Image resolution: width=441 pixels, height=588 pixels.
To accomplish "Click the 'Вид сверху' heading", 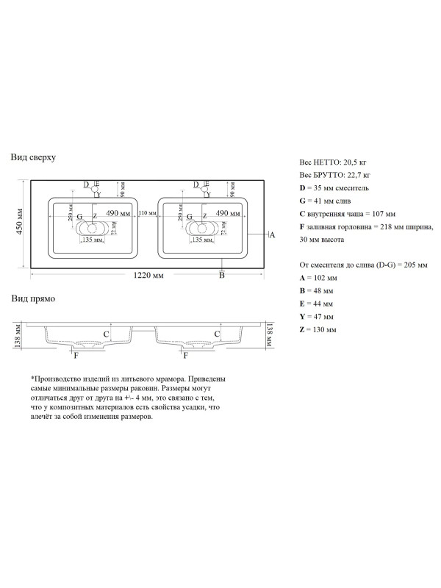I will [33, 157].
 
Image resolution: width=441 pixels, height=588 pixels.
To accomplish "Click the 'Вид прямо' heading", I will [31, 298].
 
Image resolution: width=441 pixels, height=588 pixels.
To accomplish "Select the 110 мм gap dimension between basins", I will [144, 212].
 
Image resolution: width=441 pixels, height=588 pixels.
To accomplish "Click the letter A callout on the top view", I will [271, 235].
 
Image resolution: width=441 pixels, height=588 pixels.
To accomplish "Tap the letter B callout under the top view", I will [221, 275].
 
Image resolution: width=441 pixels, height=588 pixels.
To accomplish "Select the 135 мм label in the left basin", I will [91, 240].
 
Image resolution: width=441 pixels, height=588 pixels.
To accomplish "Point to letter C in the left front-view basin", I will [106, 334].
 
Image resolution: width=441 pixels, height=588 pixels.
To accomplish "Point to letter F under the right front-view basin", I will [185, 355].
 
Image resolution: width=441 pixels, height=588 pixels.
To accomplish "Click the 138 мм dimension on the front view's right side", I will [270, 334].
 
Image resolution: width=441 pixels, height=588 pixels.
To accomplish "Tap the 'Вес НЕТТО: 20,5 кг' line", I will [332, 161].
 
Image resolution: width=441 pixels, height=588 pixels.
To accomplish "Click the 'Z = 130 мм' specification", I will [318, 330].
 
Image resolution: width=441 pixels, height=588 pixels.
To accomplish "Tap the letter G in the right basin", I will [190, 217].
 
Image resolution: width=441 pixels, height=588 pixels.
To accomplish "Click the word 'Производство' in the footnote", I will [56, 378].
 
